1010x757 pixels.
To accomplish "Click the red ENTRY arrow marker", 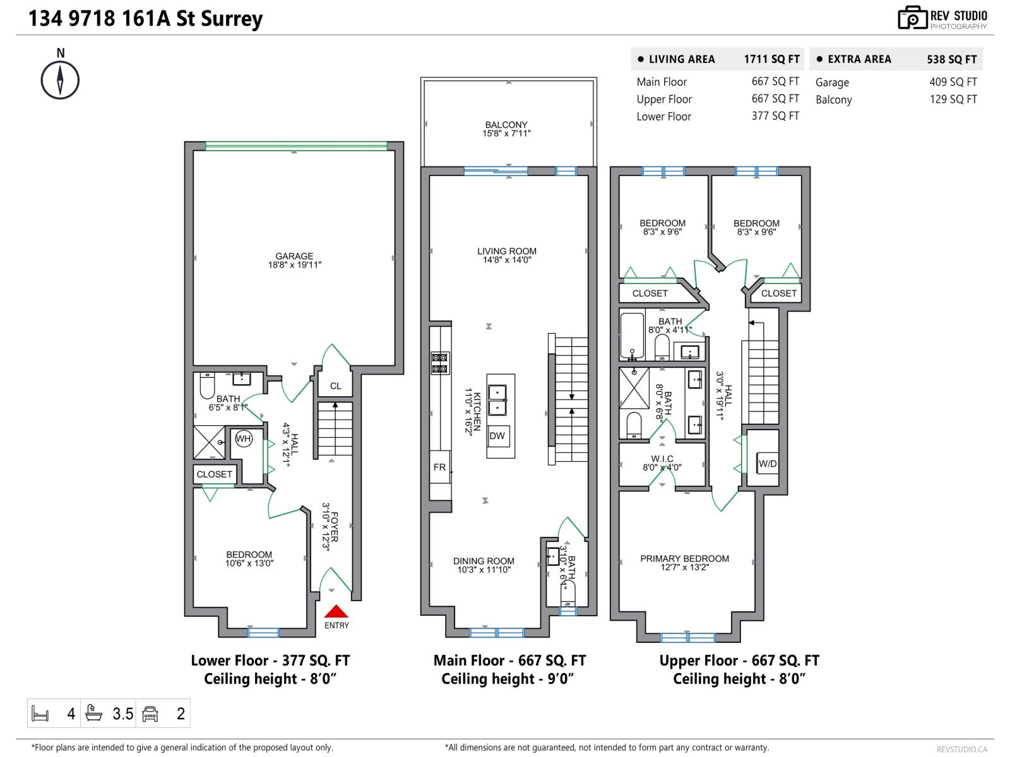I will pyautogui.click(x=336, y=611).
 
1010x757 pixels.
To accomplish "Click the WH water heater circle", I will pyautogui.click(x=243, y=438).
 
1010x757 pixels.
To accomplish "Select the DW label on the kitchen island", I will pyautogui.click(x=497, y=436).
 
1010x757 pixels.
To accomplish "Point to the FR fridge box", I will pyautogui.click(x=440, y=467).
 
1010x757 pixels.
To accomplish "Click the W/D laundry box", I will pyautogui.click(x=768, y=464).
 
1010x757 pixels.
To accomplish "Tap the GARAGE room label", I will pyautogui.click(x=294, y=256).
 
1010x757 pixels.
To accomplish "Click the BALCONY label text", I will pyautogui.click(x=506, y=125).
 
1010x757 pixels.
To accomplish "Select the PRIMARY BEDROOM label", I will pyautogui.click(x=684, y=558).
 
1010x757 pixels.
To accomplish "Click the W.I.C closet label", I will pyautogui.click(x=662, y=459).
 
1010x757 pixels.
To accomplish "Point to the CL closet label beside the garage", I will pyautogui.click(x=335, y=386).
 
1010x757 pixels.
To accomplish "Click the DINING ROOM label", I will pyautogui.click(x=484, y=561).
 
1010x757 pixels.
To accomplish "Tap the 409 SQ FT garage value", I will pyautogui.click(x=953, y=82).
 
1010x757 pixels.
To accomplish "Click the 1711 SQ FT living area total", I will pyautogui.click(x=771, y=59).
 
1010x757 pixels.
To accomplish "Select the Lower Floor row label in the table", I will pyautogui.click(x=663, y=117).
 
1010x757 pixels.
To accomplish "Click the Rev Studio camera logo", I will pyautogui.click(x=912, y=18).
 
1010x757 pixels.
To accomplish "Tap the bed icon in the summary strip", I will pyautogui.click(x=40, y=714).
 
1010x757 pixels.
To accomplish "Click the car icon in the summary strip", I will pyautogui.click(x=150, y=714).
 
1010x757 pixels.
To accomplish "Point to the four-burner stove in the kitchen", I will pyautogui.click(x=440, y=362).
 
